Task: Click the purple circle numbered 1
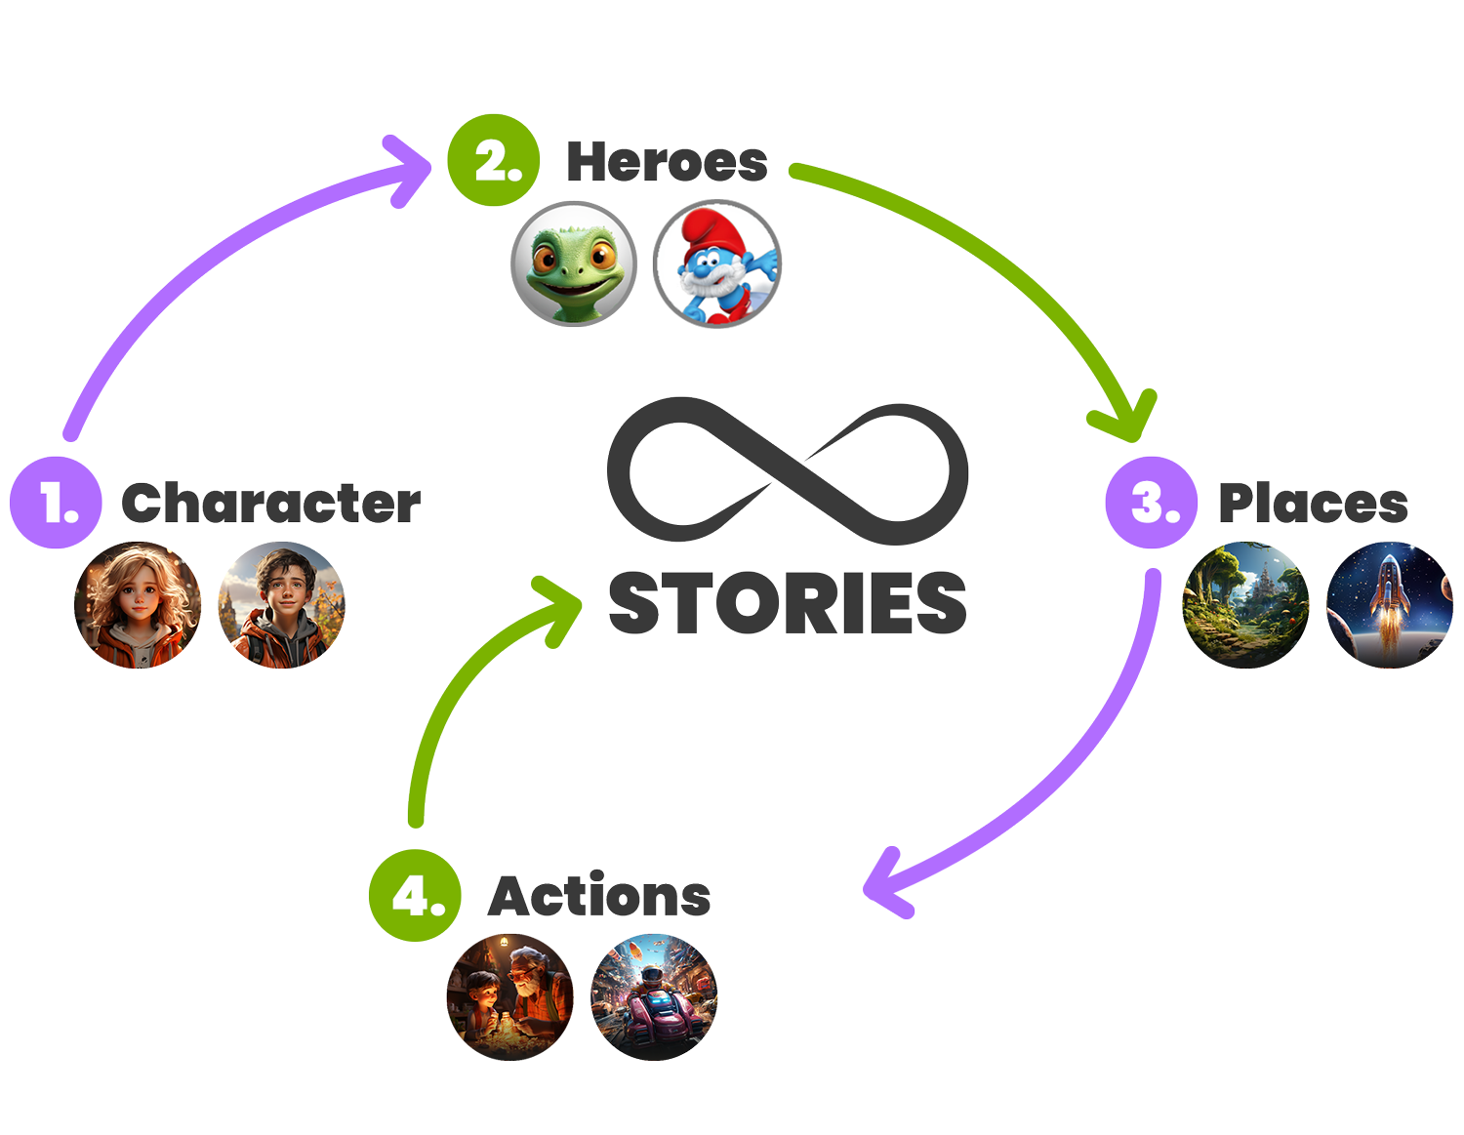tap(56, 502)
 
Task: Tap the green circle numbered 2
tap(494, 160)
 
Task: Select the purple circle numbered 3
tap(1152, 502)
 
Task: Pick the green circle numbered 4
tap(415, 895)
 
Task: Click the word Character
tap(270, 504)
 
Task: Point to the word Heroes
tap(667, 162)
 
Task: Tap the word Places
tap(1313, 504)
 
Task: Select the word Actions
tap(599, 896)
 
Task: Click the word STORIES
tap(787, 603)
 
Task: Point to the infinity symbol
tap(787, 470)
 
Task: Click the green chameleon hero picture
tap(574, 263)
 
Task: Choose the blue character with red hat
tap(717, 263)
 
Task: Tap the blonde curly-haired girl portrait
tap(138, 605)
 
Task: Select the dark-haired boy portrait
tap(281, 605)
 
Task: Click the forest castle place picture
tap(1245, 605)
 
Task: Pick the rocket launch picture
tap(1389, 605)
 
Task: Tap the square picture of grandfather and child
tap(509, 996)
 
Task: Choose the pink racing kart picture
tap(654, 996)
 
